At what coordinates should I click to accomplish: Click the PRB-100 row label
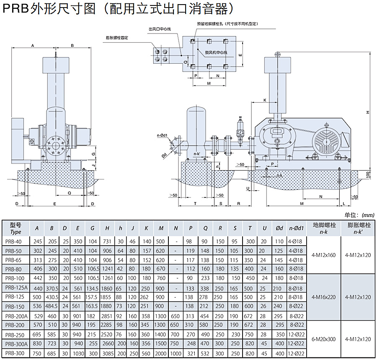pyautogui.click(x=15, y=278)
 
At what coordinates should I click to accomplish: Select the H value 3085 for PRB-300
pyautogui.click(x=108, y=353)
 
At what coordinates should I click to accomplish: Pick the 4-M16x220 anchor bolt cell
pyautogui.click(x=324, y=297)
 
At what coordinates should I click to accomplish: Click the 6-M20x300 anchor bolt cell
pyautogui.click(x=324, y=339)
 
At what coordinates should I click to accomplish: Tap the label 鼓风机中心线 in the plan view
pyautogui.click(x=216, y=53)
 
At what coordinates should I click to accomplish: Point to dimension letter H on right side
pyautogui.click(x=367, y=112)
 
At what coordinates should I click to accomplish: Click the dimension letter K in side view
pyautogui.click(x=265, y=100)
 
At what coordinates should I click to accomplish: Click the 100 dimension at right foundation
pyautogui.click(x=368, y=174)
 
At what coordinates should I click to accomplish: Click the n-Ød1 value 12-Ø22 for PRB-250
pyautogui.click(x=296, y=334)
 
